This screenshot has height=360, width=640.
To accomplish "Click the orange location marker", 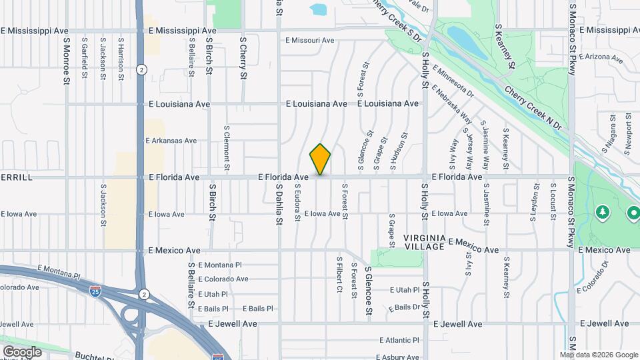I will tap(320, 159).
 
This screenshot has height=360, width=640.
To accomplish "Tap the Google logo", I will tap(22, 351).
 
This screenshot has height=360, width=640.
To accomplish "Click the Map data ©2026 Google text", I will tap(599, 355).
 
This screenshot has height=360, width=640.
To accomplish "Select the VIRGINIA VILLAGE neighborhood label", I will tap(423, 242).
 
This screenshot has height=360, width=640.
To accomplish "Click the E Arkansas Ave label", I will tap(171, 141).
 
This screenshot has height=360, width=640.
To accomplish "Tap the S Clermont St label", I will tap(227, 145).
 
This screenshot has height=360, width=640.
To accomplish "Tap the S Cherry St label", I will tap(243, 58).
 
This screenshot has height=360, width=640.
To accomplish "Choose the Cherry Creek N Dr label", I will tap(533, 107).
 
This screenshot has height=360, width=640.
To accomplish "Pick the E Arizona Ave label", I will tap(603, 57).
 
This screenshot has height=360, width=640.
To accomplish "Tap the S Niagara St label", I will tap(611, 133).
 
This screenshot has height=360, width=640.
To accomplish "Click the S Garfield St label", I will tap(84, 58).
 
